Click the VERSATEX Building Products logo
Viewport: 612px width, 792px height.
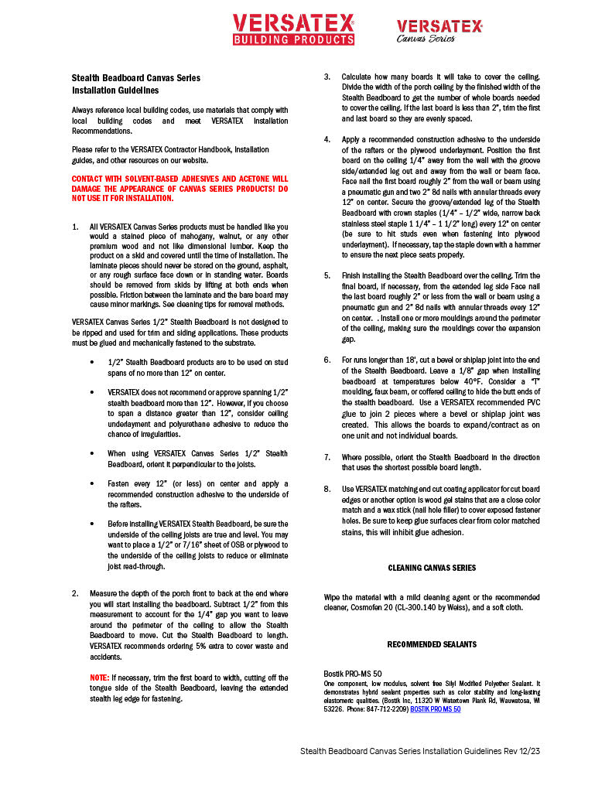coord(294,29)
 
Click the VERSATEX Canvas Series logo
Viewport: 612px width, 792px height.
coord(439,31)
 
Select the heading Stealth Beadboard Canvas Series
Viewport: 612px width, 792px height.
coord(135,78)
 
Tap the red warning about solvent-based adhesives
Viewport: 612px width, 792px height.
coord(179,188)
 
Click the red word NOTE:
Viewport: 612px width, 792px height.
coord(99,677)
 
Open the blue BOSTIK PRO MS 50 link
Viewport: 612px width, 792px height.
coord(435,708)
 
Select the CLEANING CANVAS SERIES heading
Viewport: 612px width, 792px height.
coord(432,568)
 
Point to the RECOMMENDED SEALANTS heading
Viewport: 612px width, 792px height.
coord(432,644)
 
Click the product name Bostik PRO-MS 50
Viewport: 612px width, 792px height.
coord(352,674)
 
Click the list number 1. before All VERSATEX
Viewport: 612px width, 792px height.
coord(75,227)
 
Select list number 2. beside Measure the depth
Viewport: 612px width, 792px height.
coord(75,594)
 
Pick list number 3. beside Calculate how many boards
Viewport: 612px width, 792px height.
coord(327,77)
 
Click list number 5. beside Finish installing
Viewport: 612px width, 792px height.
coord(327,275)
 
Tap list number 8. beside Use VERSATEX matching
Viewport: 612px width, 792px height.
coord(327,490)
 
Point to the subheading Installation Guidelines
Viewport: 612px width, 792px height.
coord(115,90)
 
